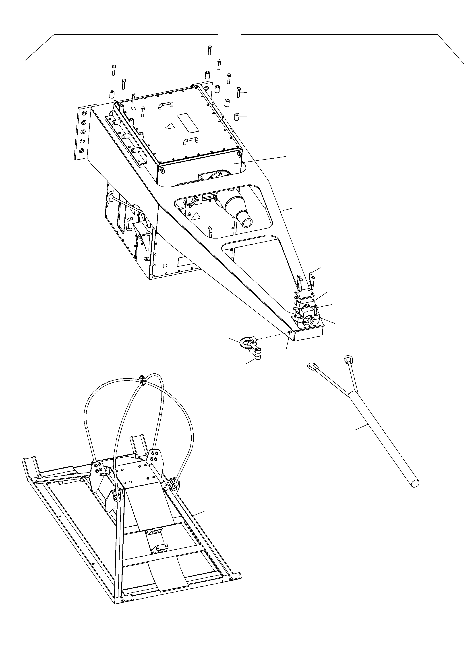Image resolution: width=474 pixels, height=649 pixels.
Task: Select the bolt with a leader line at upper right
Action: tap(238, 92)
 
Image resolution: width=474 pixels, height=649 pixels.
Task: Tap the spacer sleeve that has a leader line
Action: tap(237, 117)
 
